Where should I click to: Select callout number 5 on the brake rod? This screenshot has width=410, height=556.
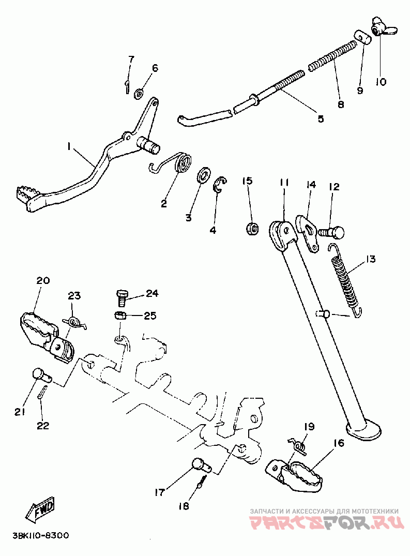[321, 118]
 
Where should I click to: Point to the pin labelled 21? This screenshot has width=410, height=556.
[41, 376]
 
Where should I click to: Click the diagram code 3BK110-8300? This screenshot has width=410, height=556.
[41, 535]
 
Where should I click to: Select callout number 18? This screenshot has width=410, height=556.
[184, 506]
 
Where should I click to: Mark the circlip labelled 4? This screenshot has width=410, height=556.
[220, 185]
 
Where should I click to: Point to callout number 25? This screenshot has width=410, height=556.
[150, 315]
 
